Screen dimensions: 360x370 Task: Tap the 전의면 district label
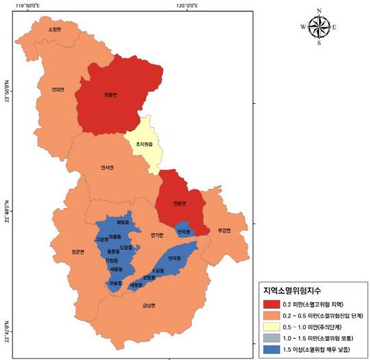click(x=58, y=89)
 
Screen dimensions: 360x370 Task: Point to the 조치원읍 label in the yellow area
click(x=143, y=145)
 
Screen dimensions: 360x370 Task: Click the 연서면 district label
click(x=106, y=168)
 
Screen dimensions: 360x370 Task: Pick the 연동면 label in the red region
click(x=180, y=203)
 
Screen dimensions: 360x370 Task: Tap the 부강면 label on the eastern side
click(x=225, y=230)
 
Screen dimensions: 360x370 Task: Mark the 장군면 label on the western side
click(x=77, y=252)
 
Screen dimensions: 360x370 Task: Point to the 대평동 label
click(x=135, y=285)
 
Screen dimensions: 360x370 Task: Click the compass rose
click(x=319, y=27)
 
